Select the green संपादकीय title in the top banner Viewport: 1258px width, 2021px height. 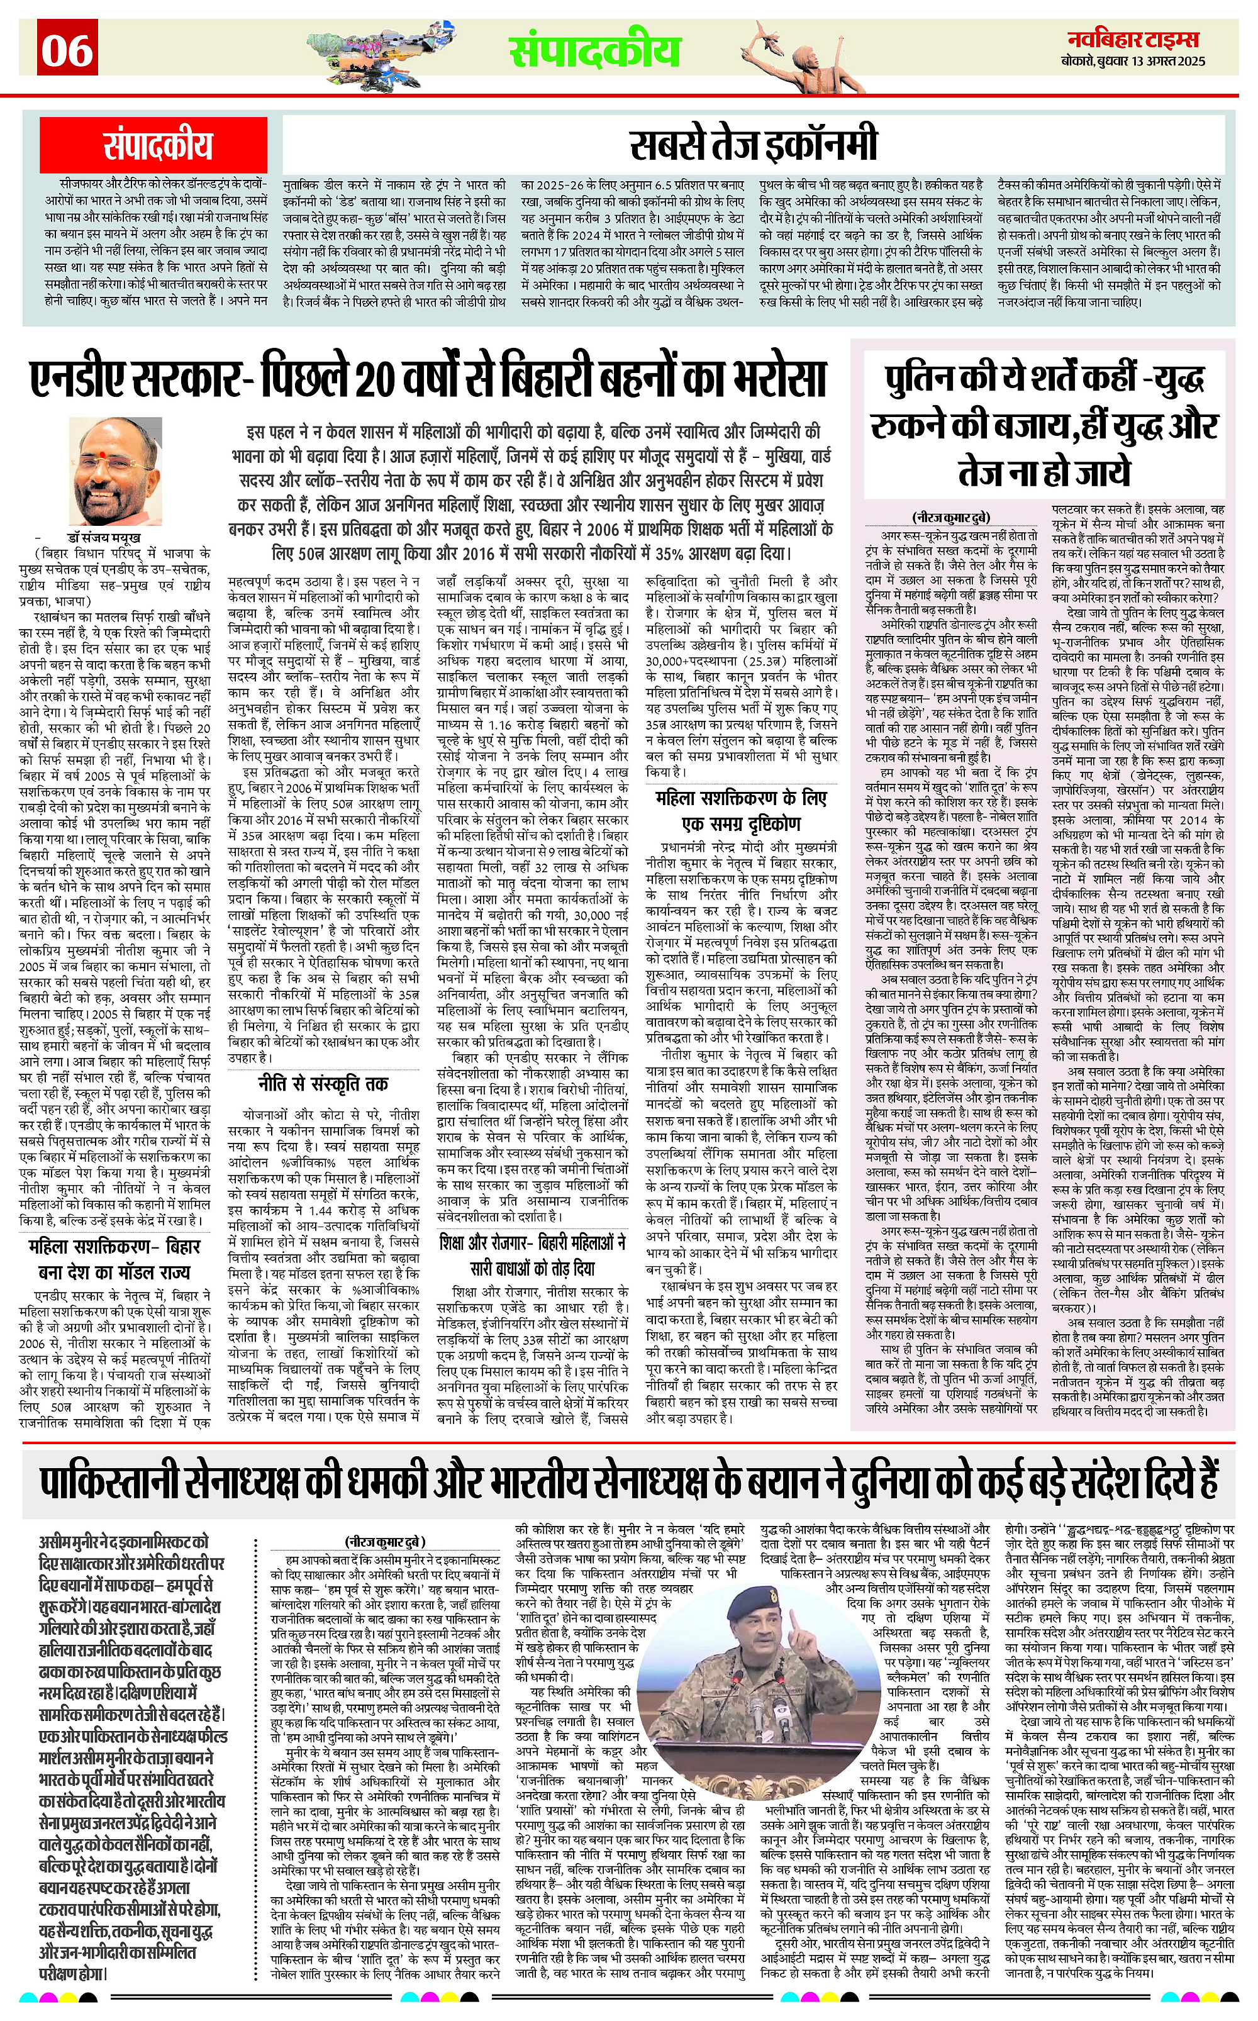coord(595,51)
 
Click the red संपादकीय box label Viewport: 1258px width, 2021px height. coord(157,145)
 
